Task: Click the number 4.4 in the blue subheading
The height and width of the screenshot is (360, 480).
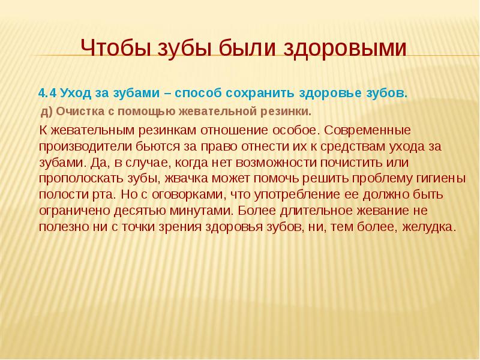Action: click(47, 94)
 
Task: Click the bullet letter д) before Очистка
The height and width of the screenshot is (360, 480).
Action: click(47, 112)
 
